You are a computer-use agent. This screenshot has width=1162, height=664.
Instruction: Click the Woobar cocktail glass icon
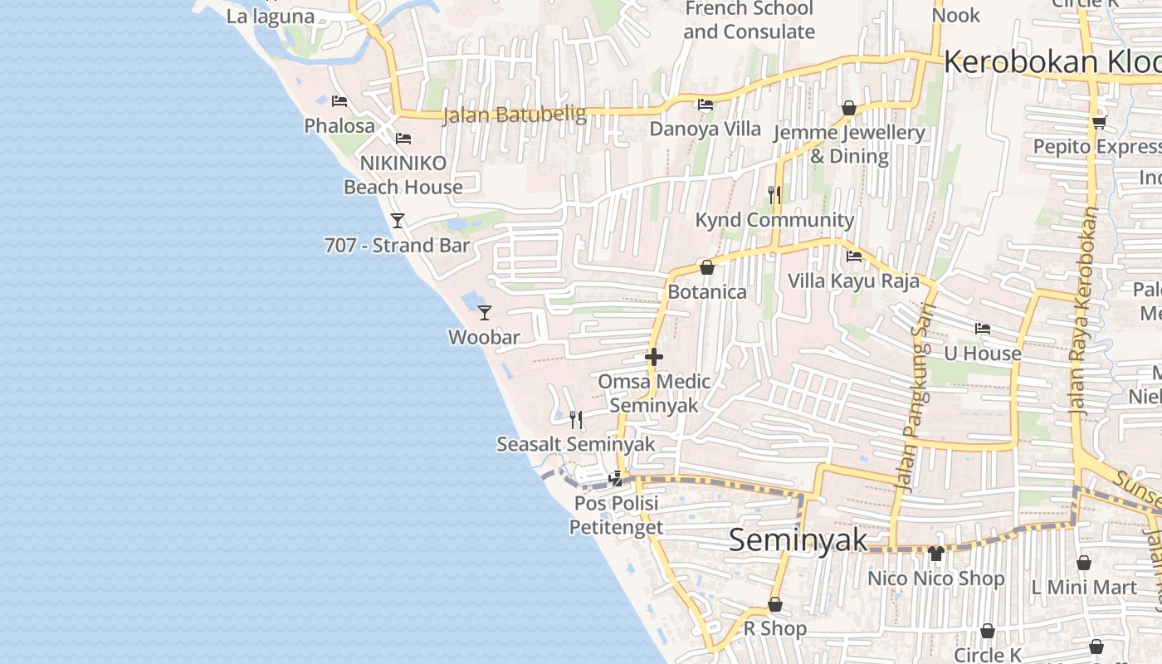(485, 313)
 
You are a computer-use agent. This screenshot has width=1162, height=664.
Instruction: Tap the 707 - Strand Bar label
(397, 246)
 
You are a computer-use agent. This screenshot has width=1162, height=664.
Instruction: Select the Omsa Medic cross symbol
(654, 358)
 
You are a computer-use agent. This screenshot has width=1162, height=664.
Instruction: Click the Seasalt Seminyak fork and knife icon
(576, 420)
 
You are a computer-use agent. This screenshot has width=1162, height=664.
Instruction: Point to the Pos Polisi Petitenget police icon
(616, 478)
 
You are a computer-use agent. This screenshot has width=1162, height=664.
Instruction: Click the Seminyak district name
(798, 540)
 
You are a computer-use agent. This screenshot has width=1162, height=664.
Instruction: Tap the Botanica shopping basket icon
(707, 267)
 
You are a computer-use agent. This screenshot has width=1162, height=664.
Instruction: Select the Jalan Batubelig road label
(515, 115)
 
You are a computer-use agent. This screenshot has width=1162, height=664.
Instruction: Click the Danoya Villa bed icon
(705, 105)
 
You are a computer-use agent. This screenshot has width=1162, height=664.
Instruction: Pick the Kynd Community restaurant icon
(774, 195)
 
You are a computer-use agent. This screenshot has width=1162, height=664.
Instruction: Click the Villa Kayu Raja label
(854, 281)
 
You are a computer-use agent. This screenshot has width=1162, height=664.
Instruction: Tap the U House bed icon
(983, 329)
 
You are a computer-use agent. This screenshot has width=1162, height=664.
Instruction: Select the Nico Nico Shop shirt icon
(936, 554)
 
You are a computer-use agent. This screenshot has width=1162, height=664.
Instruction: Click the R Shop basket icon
(775, 604)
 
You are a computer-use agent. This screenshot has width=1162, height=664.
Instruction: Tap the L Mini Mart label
(1084, 588)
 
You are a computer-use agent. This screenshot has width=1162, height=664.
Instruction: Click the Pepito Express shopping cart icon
(1099, 122)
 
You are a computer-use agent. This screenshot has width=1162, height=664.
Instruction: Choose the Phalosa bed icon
(339, 101)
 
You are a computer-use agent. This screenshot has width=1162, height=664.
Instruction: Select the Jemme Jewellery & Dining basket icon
(848, 108)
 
